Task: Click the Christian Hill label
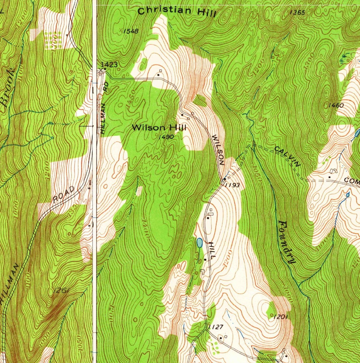tap(177, 12)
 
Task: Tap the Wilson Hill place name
tap(159, 128)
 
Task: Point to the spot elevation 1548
tap(131, 31)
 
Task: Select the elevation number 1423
tap(109, 65)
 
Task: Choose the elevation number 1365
tap(297, 13)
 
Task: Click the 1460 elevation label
tap(336, 105)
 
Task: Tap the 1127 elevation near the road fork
tap(216, 327)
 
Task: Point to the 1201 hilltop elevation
tap(280, 317)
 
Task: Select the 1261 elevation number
tap(62, 290)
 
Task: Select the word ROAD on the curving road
tap(64, 195)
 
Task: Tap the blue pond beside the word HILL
tap(200, 243)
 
